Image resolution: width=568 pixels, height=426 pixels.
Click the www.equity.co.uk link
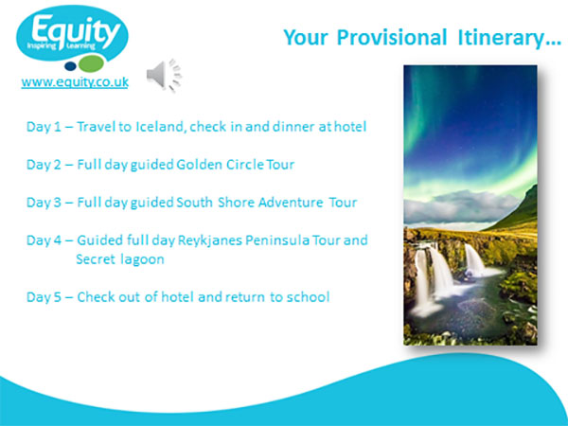point(75,82)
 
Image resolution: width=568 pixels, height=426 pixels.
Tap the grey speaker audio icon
point(164,75)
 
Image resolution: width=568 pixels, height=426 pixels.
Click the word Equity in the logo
point(76,30)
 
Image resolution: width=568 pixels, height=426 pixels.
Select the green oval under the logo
point(92,63)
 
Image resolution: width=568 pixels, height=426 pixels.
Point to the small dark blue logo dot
point(70,66)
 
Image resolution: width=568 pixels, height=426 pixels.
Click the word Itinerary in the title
point(509,38)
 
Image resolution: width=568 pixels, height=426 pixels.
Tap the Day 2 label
point(44,165)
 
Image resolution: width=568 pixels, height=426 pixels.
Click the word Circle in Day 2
point(245,165)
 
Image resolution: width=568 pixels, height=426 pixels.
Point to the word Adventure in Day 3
point(291,203)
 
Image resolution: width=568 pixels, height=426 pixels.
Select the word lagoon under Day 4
point(142,259)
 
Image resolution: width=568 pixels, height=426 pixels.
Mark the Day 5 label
point(44,297)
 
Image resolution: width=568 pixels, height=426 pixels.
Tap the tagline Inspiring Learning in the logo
point(61,46)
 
